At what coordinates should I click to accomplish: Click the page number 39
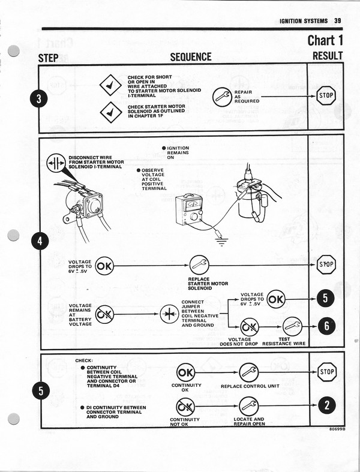(338, 21)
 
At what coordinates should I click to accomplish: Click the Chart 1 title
(325, 40)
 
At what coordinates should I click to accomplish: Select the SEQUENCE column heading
(191, 57)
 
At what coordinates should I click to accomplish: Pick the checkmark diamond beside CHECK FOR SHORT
(110, 86)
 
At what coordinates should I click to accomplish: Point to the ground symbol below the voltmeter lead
(224, 241)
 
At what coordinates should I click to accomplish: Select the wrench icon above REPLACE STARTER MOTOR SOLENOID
(199, 264)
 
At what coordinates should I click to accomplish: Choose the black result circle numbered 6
(325, 325)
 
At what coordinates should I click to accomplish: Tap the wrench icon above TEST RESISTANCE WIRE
(292, 326)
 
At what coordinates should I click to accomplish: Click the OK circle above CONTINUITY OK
(185, 372)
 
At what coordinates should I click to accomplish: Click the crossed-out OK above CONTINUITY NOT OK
(185, 406)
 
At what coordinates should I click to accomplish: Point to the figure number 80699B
(338, 429)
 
